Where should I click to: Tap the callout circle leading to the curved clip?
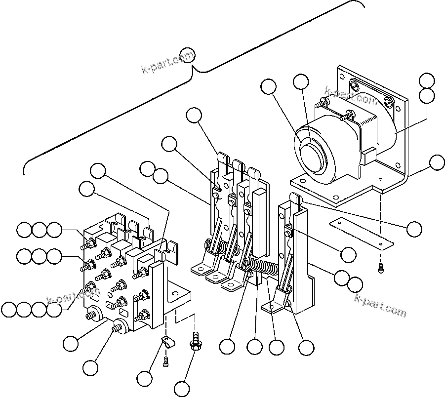145,379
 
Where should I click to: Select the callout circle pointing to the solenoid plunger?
301,82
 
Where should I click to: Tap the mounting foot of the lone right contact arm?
275,309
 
